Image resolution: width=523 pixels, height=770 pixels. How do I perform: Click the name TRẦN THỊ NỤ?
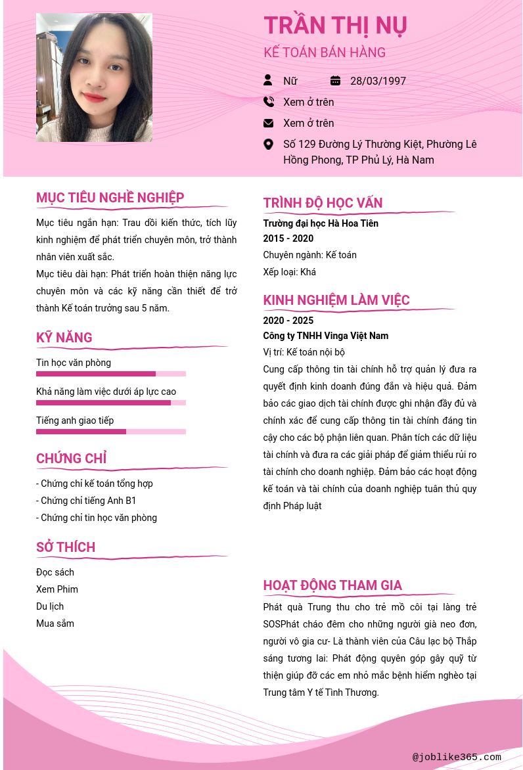tap(335, 26)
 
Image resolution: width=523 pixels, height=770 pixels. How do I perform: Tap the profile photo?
tap(94, 78)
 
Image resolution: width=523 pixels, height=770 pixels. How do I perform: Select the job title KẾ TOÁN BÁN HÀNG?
tap(325, 53)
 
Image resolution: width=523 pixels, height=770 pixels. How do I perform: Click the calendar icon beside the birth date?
tap(335, 81)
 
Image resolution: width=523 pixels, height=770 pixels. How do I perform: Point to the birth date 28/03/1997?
tap(378, 81)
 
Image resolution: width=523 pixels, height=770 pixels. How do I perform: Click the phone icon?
tap(268, 102)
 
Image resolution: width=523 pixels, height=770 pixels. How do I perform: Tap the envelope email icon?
tap(268, 123)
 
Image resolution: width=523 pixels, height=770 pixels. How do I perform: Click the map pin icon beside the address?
tap(268, 144)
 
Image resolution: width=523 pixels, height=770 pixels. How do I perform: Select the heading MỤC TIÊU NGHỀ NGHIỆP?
tap(110, 198)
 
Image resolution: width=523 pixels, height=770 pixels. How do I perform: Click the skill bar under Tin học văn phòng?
tap(110, 374)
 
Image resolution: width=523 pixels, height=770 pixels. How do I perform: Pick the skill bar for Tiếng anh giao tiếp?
tap(110, 432)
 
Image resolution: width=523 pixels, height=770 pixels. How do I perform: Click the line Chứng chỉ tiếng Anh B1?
tap(86, 501)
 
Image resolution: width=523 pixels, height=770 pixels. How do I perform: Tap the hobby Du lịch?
tap(50, 606)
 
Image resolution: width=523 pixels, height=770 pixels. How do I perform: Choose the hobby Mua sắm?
tap(55, 623)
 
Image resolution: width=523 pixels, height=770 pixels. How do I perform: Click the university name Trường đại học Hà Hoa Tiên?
tap(321, 223)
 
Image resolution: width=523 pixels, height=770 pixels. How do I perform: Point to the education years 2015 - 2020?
tap(288, 238)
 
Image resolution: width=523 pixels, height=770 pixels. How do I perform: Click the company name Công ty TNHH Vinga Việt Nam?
tap(326, 336)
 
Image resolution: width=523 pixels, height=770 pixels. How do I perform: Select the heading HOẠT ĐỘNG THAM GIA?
tap(332, 585)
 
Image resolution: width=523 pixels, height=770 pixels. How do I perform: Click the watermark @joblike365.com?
tap(457, 757)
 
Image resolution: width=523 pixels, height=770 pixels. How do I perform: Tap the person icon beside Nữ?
tap(268, 80)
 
